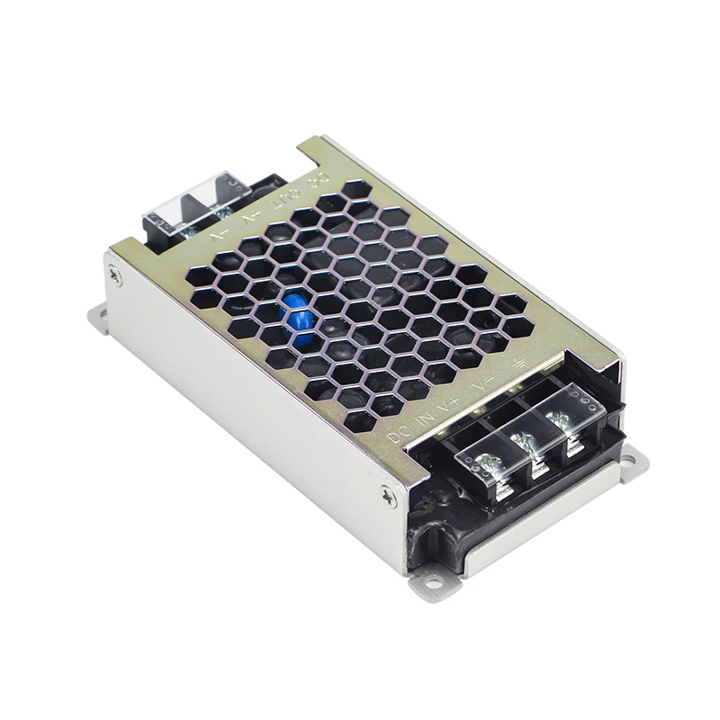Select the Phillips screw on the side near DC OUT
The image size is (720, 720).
[x=115, y=278]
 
